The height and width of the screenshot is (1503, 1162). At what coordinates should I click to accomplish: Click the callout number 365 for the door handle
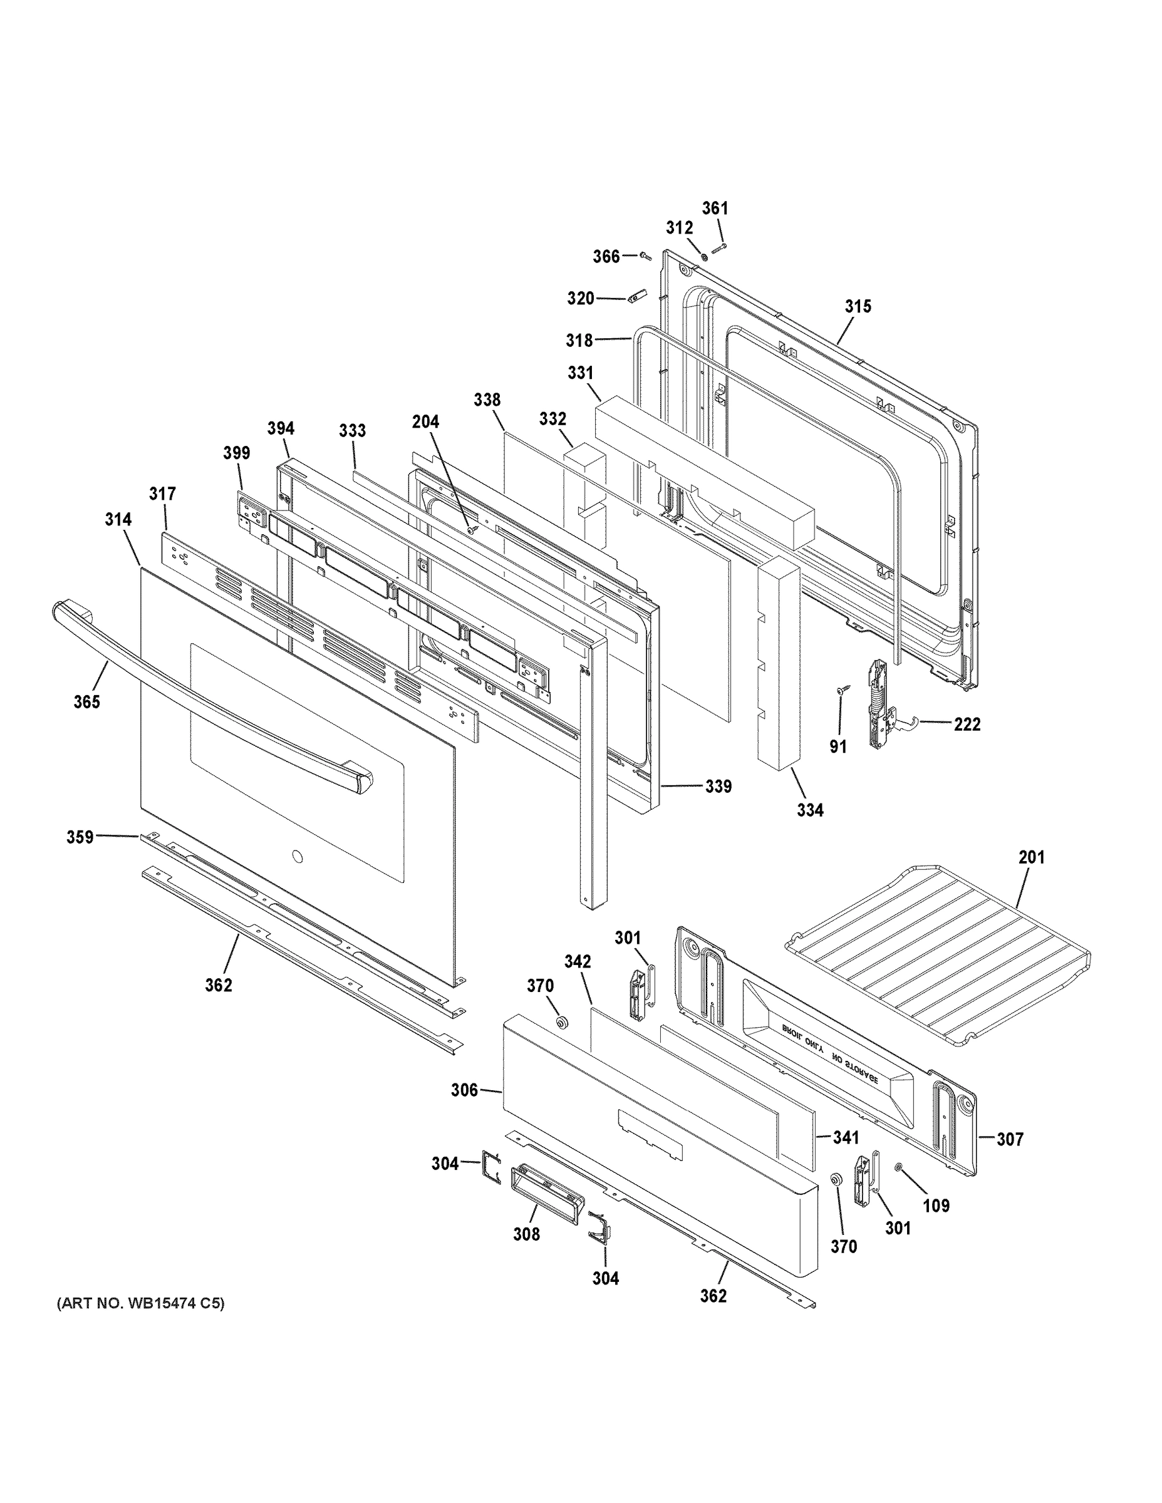[86, 702]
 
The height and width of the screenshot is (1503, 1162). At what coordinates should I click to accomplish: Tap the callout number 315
[858, 306]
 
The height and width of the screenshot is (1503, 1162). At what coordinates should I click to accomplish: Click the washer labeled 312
[704, 257]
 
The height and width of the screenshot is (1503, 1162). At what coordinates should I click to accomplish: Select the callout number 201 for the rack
[1031, 857]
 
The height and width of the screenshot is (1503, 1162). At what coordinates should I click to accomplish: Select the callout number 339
[718, 787]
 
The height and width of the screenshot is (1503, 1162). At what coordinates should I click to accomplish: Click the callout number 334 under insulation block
[810, 811]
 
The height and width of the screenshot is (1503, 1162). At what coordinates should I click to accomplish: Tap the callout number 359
[80, 837]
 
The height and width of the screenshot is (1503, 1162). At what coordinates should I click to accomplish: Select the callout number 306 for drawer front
[465, 1091]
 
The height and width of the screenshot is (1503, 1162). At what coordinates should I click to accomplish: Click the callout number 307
[1010, 1140]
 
